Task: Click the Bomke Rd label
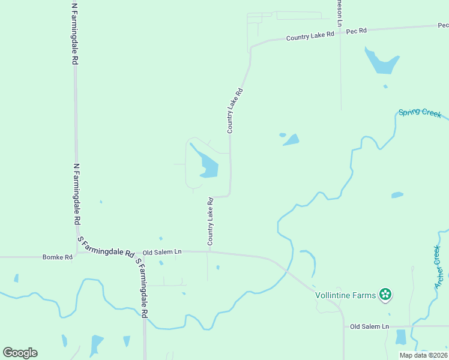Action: coord(57,257)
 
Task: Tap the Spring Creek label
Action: coord(420,113)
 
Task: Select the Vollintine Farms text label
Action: coord(346,295)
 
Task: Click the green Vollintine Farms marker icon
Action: coord(385,295)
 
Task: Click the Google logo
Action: coord(20,353)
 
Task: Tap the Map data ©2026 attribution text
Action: coord(423,355)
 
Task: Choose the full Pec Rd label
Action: coord(356,31)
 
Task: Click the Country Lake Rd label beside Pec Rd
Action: coord(310,37)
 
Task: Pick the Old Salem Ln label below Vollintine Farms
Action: coord(369,326)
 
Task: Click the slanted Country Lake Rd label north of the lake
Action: coord(235,110)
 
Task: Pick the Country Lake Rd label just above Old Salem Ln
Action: coord(211,221)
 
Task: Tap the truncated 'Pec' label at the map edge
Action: coord(443,25)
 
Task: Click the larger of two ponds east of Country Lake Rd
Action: coord(292,140)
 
